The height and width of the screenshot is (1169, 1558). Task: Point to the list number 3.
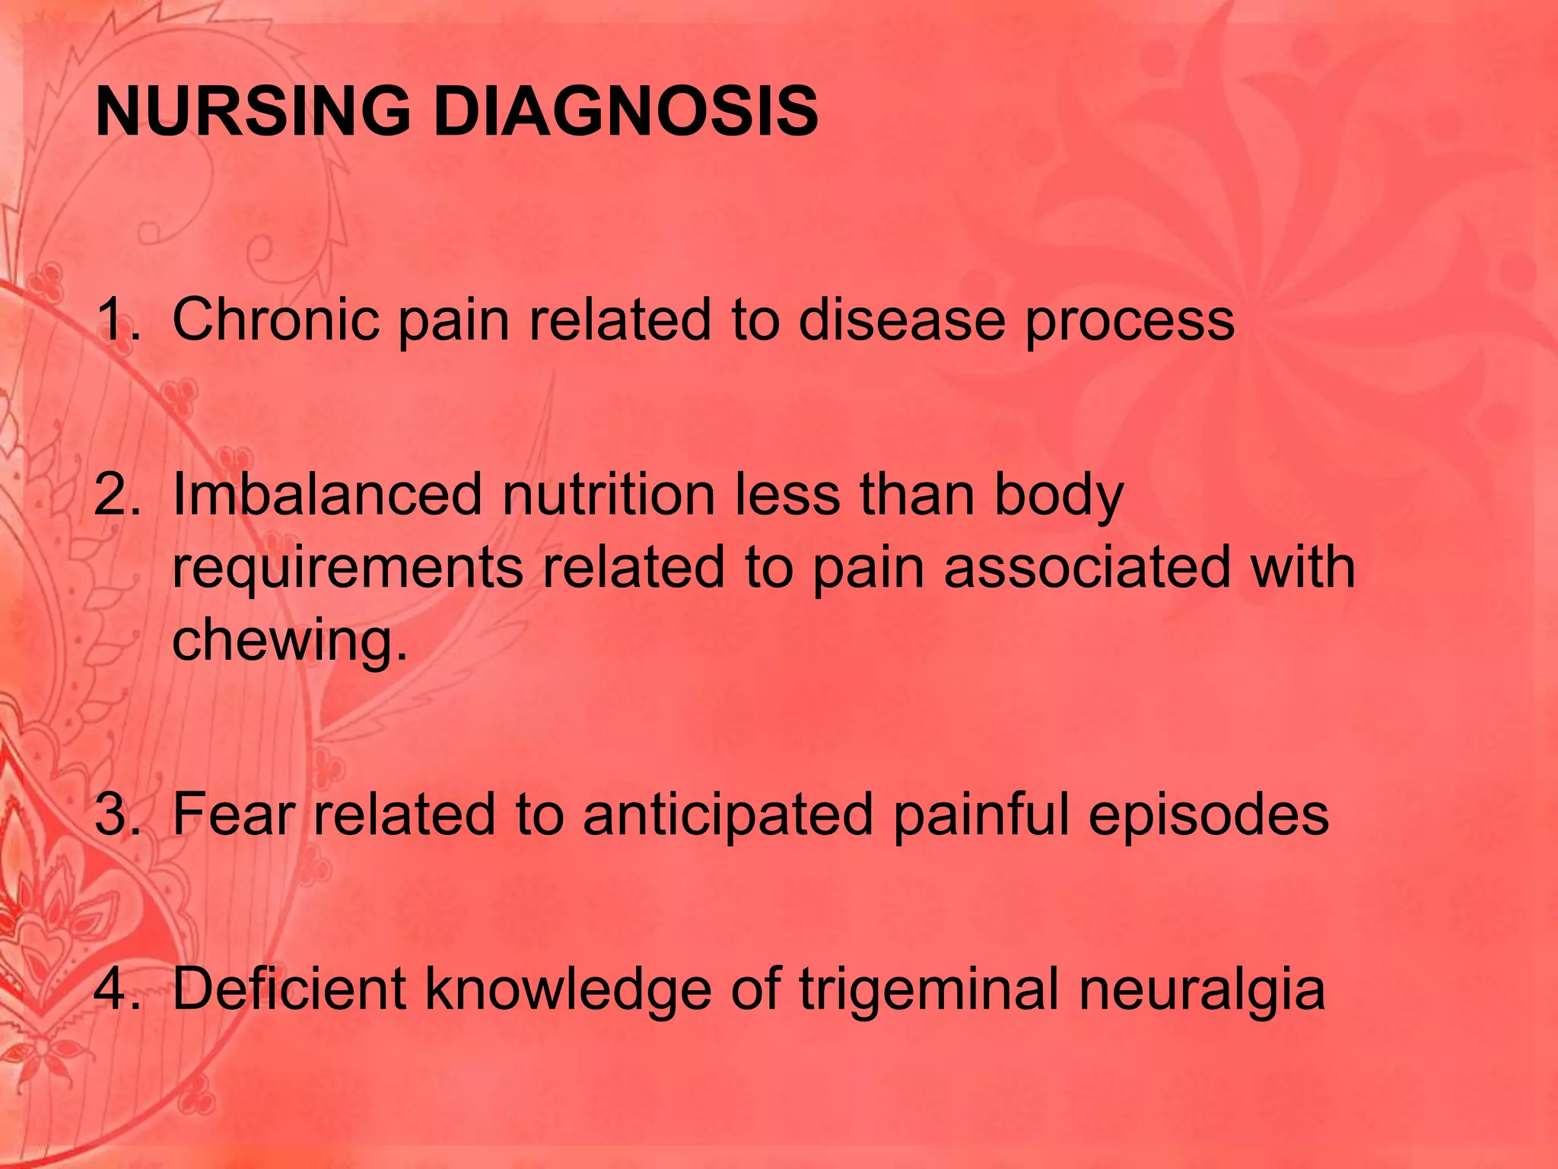pos(117,814)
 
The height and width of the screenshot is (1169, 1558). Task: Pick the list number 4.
pos(117,989)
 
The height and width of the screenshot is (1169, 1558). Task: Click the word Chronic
pos(275,320)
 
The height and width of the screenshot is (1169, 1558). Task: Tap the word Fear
pos(233,814)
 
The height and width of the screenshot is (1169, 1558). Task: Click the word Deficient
pos(289,989)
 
